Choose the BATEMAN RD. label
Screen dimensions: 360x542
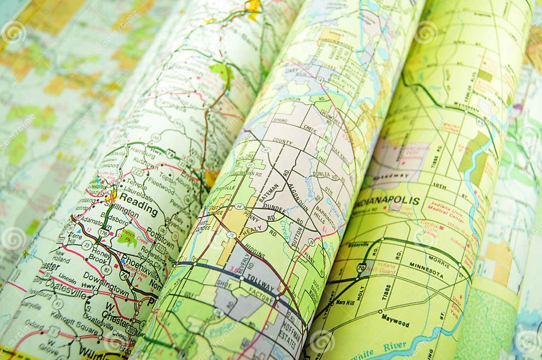[269, 193]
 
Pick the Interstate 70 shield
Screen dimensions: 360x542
[361, 268]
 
